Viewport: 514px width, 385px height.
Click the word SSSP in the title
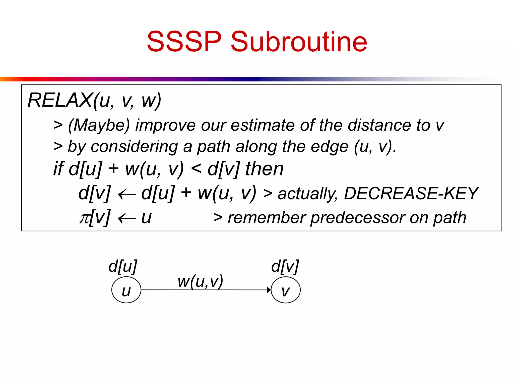pos(184,42)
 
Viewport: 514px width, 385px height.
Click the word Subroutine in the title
pos(299,42)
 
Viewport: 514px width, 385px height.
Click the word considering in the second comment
pos(134,147)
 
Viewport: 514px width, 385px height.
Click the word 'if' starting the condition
pos(58,168)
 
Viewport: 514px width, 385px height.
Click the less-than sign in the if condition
pos(196,168)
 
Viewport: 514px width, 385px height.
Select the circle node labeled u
pos(126,290)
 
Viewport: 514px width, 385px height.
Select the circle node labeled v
pos(286,290)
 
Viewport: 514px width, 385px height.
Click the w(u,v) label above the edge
pos(200,281)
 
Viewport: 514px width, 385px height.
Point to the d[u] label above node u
pos(123,266)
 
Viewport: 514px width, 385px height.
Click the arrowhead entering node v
pos(269,290)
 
